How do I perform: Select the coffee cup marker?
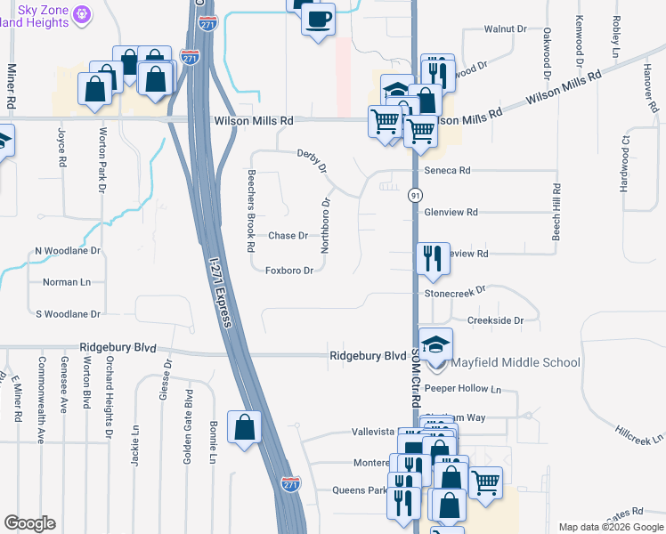(x=318, y=18)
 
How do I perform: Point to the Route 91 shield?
(x=415, y=194)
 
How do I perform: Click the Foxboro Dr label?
(x=289, y=271)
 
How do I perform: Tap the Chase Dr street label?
(x=288, y=236)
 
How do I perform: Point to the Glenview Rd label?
(x=451, y=213)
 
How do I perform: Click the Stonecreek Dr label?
(x=455, y=291)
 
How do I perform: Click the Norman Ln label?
(x=67, y=282)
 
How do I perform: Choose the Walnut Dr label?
(x=505, y=29)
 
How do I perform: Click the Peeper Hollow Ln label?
(x=463, y=389)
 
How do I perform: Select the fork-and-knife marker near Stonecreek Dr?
(x=433, y=258)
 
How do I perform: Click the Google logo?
(x=30, y=523)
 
